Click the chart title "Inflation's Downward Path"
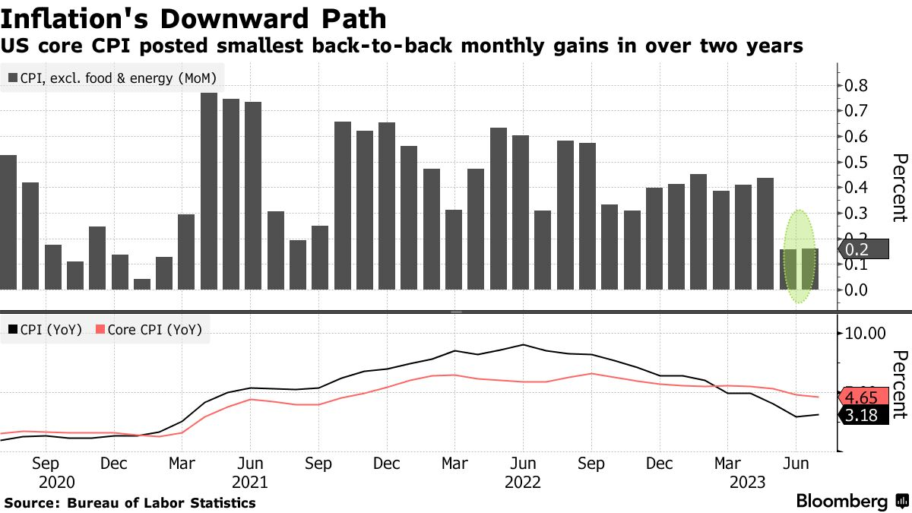(x=196, y=18)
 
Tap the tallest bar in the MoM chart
(x=209, y=190)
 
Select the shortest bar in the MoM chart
(x=142, y=284)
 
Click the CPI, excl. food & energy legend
(x=112, y=78)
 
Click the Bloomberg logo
(x=851, y=502)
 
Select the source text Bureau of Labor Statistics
(x=162, y=503)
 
